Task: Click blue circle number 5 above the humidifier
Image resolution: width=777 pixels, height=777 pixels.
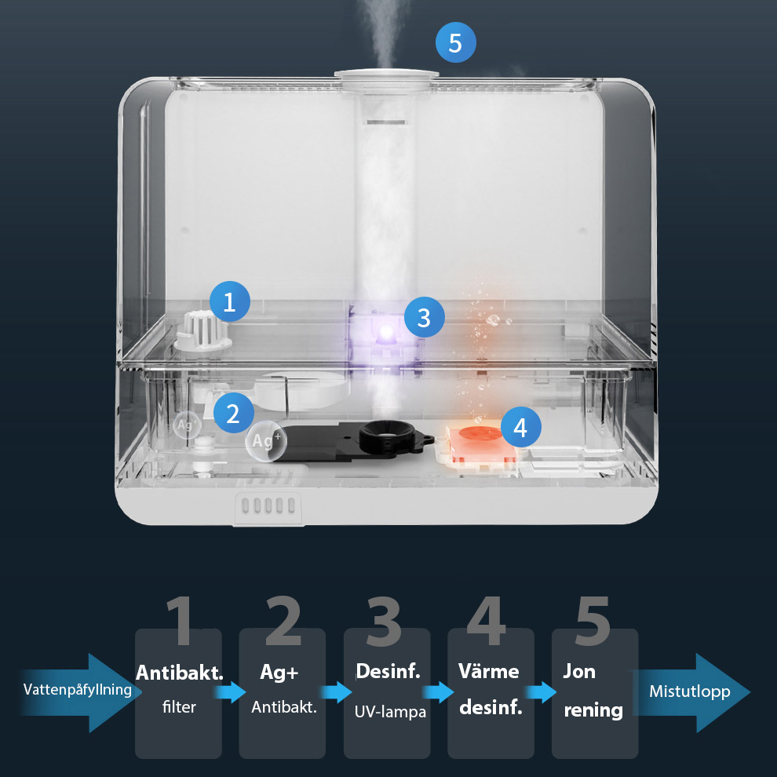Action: pyautogui.click(x=455, y=42)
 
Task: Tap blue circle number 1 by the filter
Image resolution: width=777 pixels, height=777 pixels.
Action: pyautogui.click(x=229, y=301)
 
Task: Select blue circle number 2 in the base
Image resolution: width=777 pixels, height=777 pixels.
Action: pyautogui.click(x=233, y=413)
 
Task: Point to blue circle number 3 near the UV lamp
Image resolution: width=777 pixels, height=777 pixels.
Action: pyautogui.click(x=424, y=317)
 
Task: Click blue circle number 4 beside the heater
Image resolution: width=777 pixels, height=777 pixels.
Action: pyautogui.click(x=520, y=427)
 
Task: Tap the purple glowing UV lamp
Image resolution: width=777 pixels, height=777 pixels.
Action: pyautogui.click(x=386, y=330)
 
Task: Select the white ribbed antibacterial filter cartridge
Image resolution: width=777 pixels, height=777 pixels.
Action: pyautogui.click(x=202, y=331)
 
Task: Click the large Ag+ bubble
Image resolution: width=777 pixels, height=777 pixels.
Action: pyautogui.click(x=266, y=441)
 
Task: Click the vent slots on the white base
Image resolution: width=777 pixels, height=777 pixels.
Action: pyautogui.click(x=268, y=506)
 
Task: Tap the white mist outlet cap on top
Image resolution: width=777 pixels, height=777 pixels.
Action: pyautogui.click(x=386, y=75)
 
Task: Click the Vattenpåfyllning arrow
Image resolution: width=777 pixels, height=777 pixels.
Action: pyautogui.click(x=79, y=691)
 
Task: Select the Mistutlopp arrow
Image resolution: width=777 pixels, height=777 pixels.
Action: pyautogui.click(x=691, y=692)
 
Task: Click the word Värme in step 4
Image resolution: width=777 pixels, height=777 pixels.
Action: pyautogui.click(x=489, y=672)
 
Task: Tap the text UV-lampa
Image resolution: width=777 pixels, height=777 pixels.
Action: pyautogui.click(x=390, y=712)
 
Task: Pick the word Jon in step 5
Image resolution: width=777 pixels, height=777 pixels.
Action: pyautogui.click(x=578, y=672)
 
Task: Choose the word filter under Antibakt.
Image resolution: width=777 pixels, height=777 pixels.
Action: pyautogui.click(x=179, y=706)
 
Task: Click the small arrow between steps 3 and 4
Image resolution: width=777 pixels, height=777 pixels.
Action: pyautogui.click(x=438, y=691)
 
